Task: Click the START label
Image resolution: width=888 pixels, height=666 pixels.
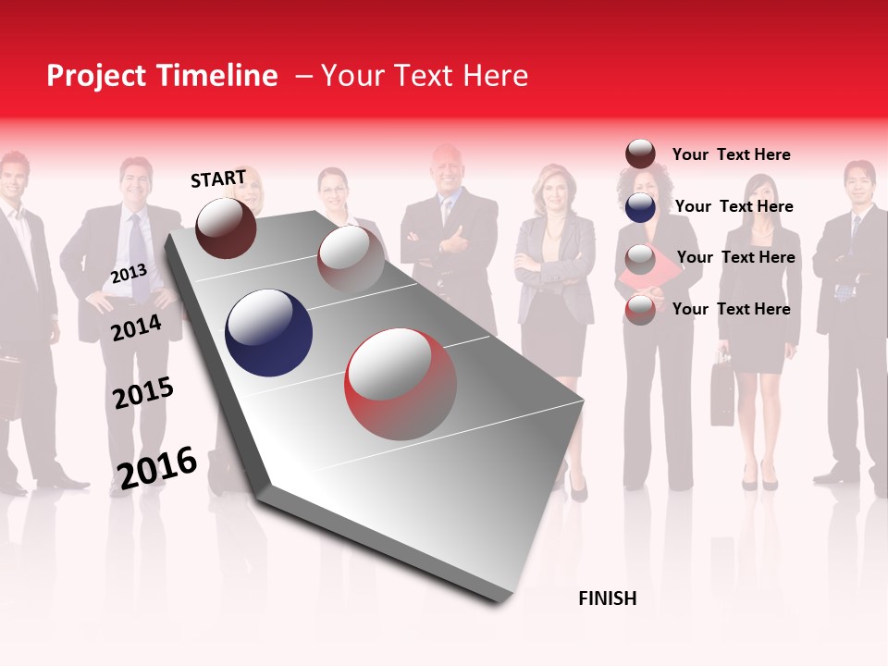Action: click(x=218, y=178)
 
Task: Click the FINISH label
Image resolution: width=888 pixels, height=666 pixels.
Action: click(x=607, y=598)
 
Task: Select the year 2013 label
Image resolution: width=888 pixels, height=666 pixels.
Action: click(x=129, y=274)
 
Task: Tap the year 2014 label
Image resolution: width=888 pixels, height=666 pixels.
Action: click(x=136, y=327)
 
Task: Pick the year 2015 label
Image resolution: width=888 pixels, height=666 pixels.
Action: click(x=143, y=393)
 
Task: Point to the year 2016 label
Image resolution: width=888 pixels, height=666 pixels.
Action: click(x=157, y=467)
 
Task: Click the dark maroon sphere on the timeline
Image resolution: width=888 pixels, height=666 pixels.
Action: click(x=226, y=228)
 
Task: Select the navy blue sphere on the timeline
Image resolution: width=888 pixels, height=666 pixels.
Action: click(x=268, y=333)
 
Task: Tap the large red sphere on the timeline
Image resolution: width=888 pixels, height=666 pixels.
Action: click(x=401, y=384)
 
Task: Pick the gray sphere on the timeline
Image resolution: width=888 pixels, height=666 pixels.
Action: click(x=351, y=259)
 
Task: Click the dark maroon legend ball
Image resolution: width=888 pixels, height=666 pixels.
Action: click(x=640, y=154)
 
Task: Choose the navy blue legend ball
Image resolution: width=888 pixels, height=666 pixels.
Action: click(x=640, y=206)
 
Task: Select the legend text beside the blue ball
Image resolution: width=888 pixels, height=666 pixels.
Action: click(x=734, y=206)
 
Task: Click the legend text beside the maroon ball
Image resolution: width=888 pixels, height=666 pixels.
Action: click(x=731, y=154)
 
